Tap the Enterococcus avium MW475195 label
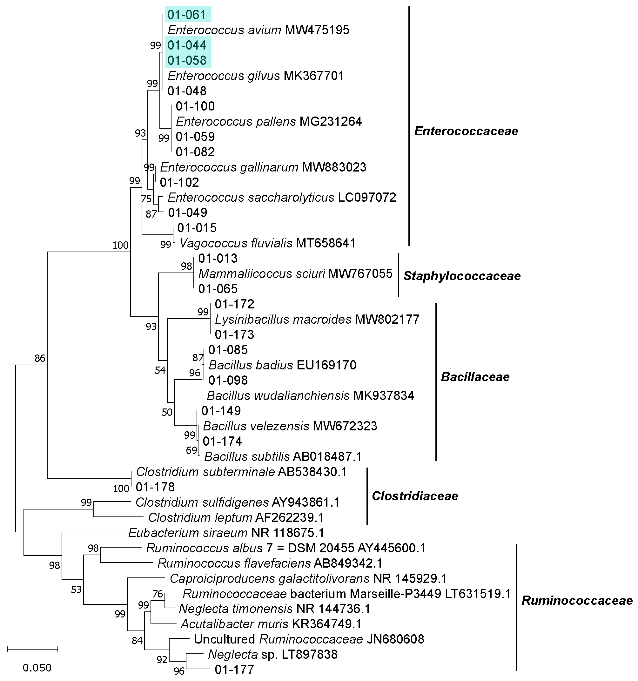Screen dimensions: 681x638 pyautogui.click(x=258, y=30)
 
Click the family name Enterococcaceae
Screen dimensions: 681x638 pyautogui.click(x=466, y=131)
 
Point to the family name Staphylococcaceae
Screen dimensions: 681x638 pyautogui.click(x=462, y=276)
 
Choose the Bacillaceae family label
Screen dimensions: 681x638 pyautogui.click(x=475, y=377)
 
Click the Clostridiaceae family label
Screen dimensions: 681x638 pyautogui.click(x=415, y=496)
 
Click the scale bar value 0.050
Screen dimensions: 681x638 pyautogui.click(x=37, y=668)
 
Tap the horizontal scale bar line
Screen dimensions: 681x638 pyautogui.click(x=32, y=649)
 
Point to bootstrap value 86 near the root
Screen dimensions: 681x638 pyautogui.click(x=40, y=358)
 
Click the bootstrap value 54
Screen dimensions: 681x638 pyautogui.click(x=160, y=370)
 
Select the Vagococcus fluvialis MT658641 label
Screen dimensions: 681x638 pyautogui.click(x=267, y=243)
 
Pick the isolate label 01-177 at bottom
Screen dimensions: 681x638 pyautogui.click(x=234, y=669)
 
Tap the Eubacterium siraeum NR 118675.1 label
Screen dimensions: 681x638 pyautogui.click(x=226, y=533)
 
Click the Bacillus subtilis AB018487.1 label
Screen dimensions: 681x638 pyautogui.click(x=283, y=457)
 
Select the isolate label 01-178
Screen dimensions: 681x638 pyautogui.click(x=155, y=487)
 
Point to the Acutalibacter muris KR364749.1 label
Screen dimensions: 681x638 pyautogui.click(x=271, y=624)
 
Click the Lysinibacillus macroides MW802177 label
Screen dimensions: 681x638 pyautogui.click(x=317, y=319)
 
